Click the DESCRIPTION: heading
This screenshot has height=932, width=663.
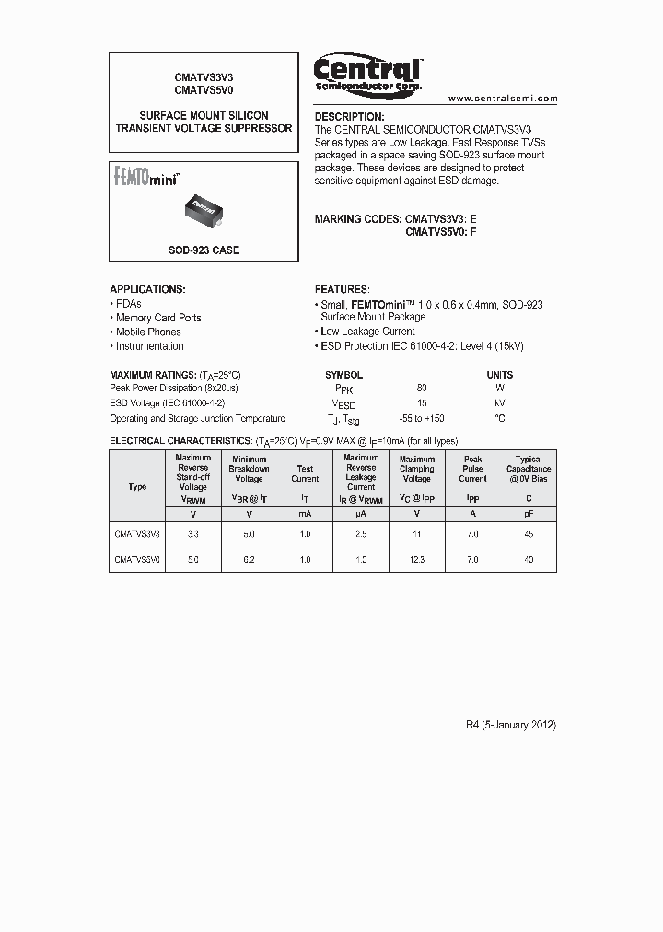(349, 117)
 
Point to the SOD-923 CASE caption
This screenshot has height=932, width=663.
(204, 250)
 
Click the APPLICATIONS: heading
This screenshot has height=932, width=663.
(147, 289)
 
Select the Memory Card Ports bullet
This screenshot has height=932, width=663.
(157, 318)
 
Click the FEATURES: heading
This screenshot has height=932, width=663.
(342, 289)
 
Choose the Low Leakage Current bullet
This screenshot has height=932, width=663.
(366, 332)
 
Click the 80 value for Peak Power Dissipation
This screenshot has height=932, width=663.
(422, 389)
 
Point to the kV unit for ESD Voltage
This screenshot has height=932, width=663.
(500, 403)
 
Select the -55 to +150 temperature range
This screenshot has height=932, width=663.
(422, 418)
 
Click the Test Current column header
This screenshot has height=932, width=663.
(305, 473)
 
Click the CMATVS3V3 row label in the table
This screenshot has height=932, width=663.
(137, 534)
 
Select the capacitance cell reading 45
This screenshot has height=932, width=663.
(529, 534)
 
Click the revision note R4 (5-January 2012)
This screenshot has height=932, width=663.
(511, 725)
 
